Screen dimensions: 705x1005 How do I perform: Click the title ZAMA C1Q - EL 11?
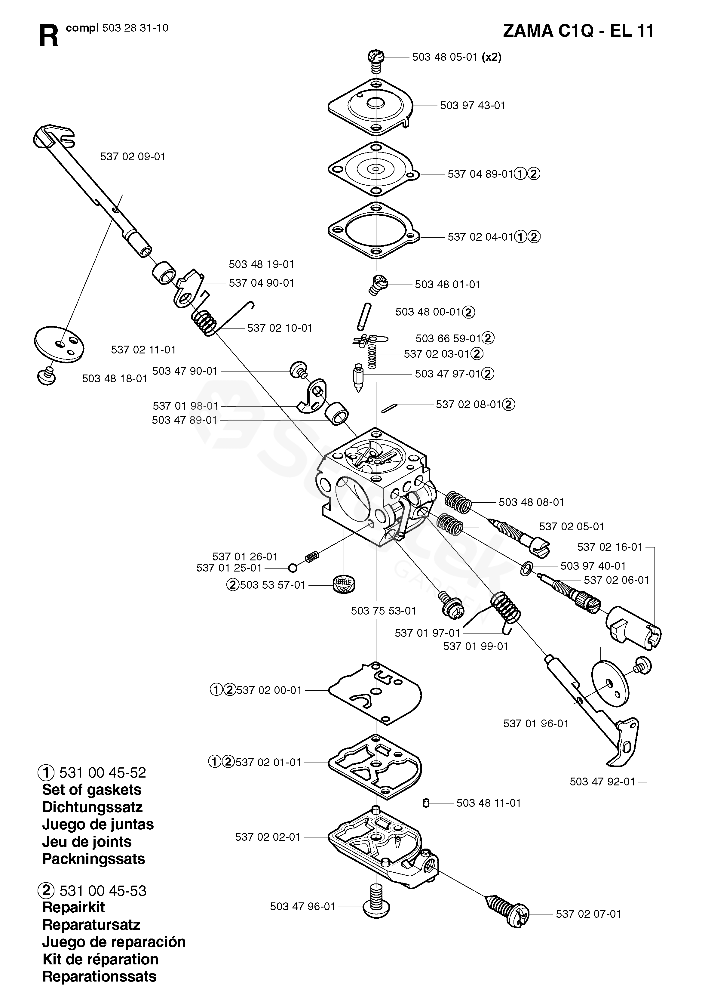pos(578,32)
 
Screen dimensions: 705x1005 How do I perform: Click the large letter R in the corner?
pos(48,35)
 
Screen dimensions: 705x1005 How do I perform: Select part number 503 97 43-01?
pos(473,106)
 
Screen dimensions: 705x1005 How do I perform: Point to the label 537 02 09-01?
pos(133,157)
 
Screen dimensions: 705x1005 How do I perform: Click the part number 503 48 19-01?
pos(262,264)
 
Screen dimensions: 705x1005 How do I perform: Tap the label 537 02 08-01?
pos(468,405)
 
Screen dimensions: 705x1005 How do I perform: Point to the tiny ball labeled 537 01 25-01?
pos(293,568)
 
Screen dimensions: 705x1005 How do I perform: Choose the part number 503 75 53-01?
pos(384,611)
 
